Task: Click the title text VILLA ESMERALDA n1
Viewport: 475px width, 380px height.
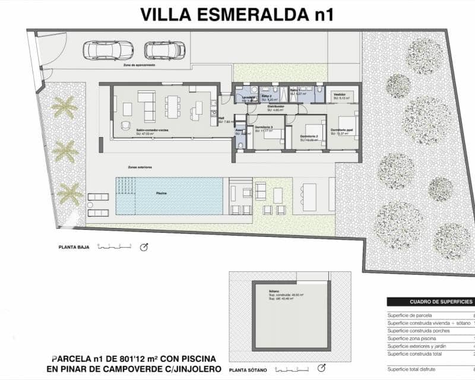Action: pyautogui.click(x=236, y=14)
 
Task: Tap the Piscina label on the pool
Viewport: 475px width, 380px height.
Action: pyautogui.click(x=161, y=194)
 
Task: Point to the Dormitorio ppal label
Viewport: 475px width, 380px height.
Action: pyautogui.click(x=343, y=130)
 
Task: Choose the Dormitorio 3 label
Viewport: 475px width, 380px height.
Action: pyautogui.click(x=264, y=127)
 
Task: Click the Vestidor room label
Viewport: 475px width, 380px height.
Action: pyautogui.click(x=340, y=94)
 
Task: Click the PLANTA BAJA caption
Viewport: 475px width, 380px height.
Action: pyautogui.click(x=74, y=247)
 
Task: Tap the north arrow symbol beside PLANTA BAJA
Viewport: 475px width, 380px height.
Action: pyautogui.click(x=144, y=247)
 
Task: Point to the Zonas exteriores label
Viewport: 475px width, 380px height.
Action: pyautogui.click(x=140, y=167)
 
